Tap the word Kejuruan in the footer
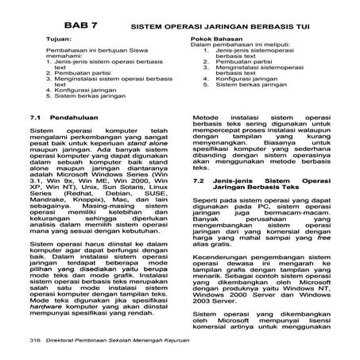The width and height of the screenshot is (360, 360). coord(173,339)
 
